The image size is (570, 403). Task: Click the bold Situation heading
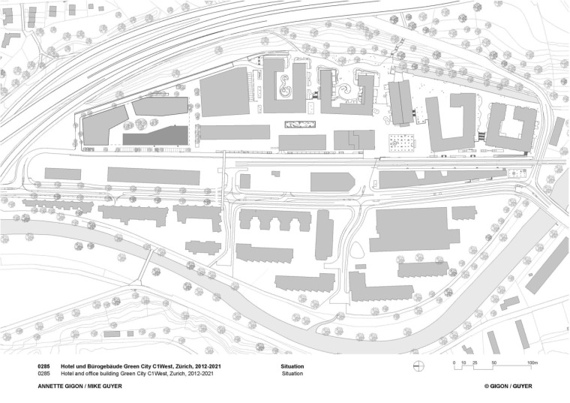point(293,365)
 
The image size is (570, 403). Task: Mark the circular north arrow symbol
point(420,365)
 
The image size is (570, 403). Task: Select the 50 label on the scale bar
point(493,362)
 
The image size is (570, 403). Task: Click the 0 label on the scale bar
point(454,362)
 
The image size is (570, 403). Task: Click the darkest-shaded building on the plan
point(155,136)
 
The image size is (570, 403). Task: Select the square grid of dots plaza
point(403,142)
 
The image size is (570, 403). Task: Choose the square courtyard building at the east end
point(511,125)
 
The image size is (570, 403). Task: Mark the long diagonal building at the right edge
point(547,266)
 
